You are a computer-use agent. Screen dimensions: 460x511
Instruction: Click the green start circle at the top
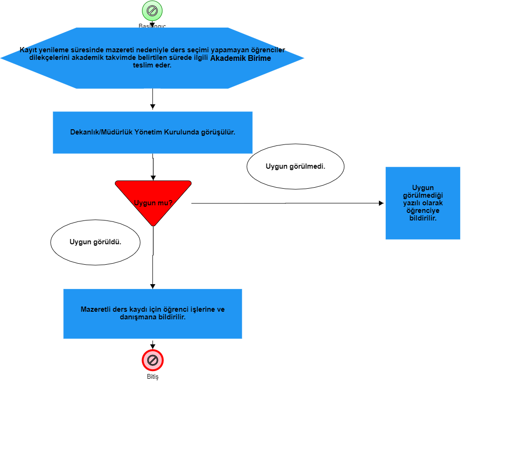point(152,10)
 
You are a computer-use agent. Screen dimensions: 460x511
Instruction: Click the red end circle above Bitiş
point(152,360)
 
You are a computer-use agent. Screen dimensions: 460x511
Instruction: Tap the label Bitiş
point(152,377)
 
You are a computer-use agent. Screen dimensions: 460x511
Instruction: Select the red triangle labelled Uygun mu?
point(153,200)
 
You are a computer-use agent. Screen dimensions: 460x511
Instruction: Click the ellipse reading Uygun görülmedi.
point(295,166)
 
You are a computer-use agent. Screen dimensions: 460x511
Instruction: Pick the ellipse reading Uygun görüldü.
point(95,242)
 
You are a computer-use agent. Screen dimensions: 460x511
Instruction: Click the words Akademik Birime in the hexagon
point(241,58)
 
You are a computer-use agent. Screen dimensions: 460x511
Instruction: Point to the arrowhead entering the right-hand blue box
point(381,203)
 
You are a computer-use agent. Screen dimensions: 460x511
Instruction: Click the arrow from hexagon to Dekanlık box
point(152,100)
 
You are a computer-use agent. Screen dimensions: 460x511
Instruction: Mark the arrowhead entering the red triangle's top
point(153,178)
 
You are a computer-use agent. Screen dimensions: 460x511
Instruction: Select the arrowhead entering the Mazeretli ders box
point(152,286)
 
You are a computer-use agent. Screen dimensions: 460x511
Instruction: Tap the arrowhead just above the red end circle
point(152,346)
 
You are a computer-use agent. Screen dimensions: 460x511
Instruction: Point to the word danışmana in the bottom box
point(136,316)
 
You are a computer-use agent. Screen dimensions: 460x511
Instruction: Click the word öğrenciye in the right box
point(423,211)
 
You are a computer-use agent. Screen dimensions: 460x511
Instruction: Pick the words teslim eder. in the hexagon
point(152,66)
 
